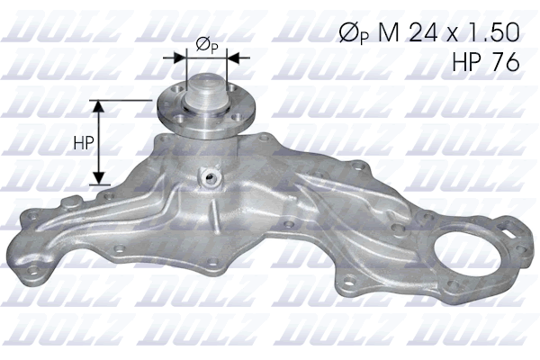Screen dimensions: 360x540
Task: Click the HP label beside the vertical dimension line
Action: click(84, 142)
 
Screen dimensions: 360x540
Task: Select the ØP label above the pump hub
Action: click(204, 44)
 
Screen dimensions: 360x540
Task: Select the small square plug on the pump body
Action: click(214, 175)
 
